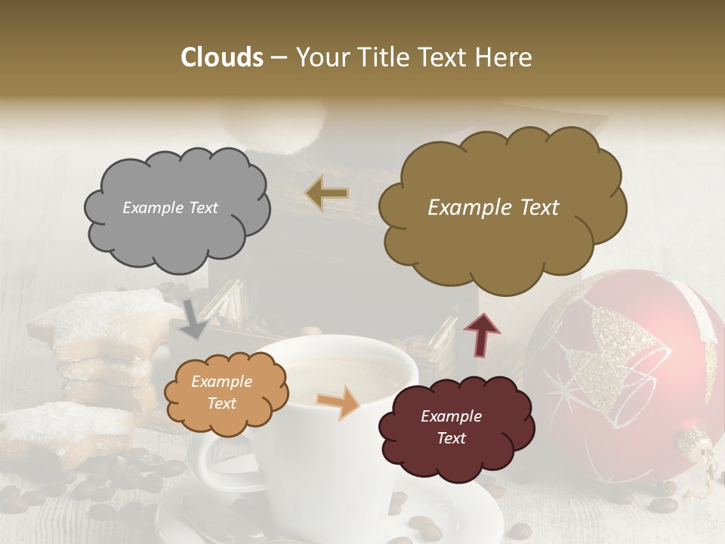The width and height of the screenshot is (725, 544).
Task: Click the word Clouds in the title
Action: (222, 57)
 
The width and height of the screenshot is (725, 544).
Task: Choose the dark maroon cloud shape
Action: (455, 427)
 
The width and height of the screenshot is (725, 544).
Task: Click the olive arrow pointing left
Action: (326, 193)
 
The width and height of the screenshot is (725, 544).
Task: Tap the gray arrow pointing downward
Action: (195, 319)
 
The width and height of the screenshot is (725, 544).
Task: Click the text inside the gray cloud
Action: (170, 207)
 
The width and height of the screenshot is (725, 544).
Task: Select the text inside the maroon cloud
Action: (451, 427)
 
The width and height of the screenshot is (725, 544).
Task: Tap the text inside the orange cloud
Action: (221, 393)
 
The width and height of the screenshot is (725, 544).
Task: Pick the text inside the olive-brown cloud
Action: (493, 208)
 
